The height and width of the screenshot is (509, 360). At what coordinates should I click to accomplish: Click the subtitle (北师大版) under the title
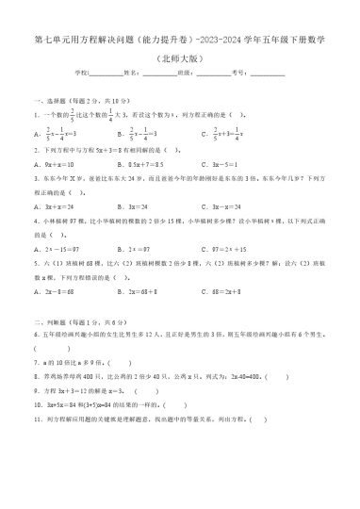[x=180, y=57]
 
